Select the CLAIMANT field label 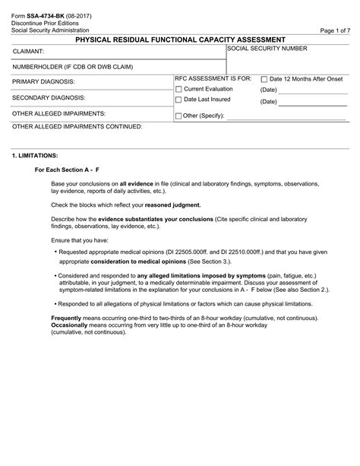[28, 52]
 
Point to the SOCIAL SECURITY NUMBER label [267, 48]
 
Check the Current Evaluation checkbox [178, 89]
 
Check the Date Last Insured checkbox [178, 100]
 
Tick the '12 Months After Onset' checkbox [264, 79]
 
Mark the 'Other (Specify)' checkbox [178, 116]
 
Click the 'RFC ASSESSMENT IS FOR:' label [213, 78]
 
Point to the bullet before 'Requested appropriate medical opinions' [56, 250]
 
